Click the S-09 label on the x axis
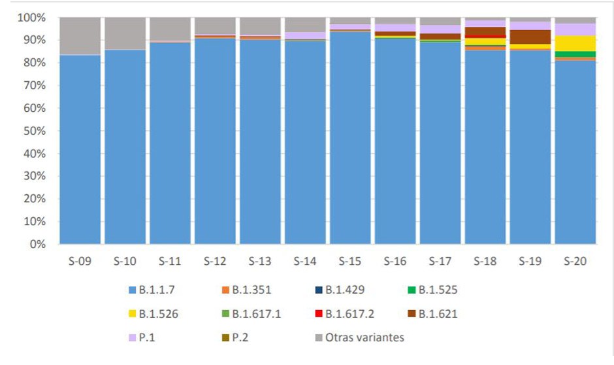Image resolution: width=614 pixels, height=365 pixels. [80, 262]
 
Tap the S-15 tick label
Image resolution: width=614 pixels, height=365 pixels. [349, 262]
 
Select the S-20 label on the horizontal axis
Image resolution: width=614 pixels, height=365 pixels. [575, 262]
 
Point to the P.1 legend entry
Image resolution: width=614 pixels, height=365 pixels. [147, 338]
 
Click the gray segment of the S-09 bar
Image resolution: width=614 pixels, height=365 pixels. [80, 36]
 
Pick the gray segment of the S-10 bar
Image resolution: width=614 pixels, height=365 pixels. [125, 33]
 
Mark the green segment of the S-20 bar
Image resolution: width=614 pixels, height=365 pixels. [575, 54]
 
